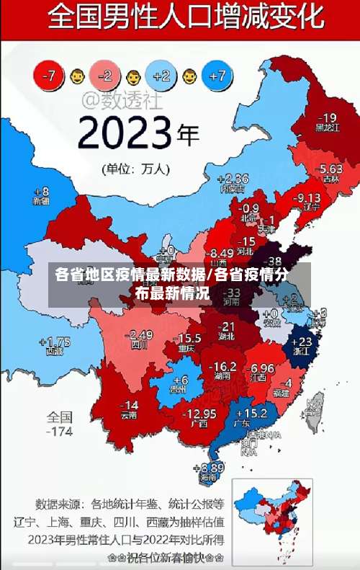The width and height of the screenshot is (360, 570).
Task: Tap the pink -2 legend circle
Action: click(x=106, y=74)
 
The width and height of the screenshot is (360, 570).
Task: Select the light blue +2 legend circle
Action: click(x=161, y=74)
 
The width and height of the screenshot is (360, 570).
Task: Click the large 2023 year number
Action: click(x=126, y=133)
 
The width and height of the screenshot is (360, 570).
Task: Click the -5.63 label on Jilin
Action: click(x=330, y=169)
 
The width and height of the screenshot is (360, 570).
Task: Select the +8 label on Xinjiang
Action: click(x=42, y=192)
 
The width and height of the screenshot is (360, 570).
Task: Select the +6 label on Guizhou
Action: click(x=180, y=380)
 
